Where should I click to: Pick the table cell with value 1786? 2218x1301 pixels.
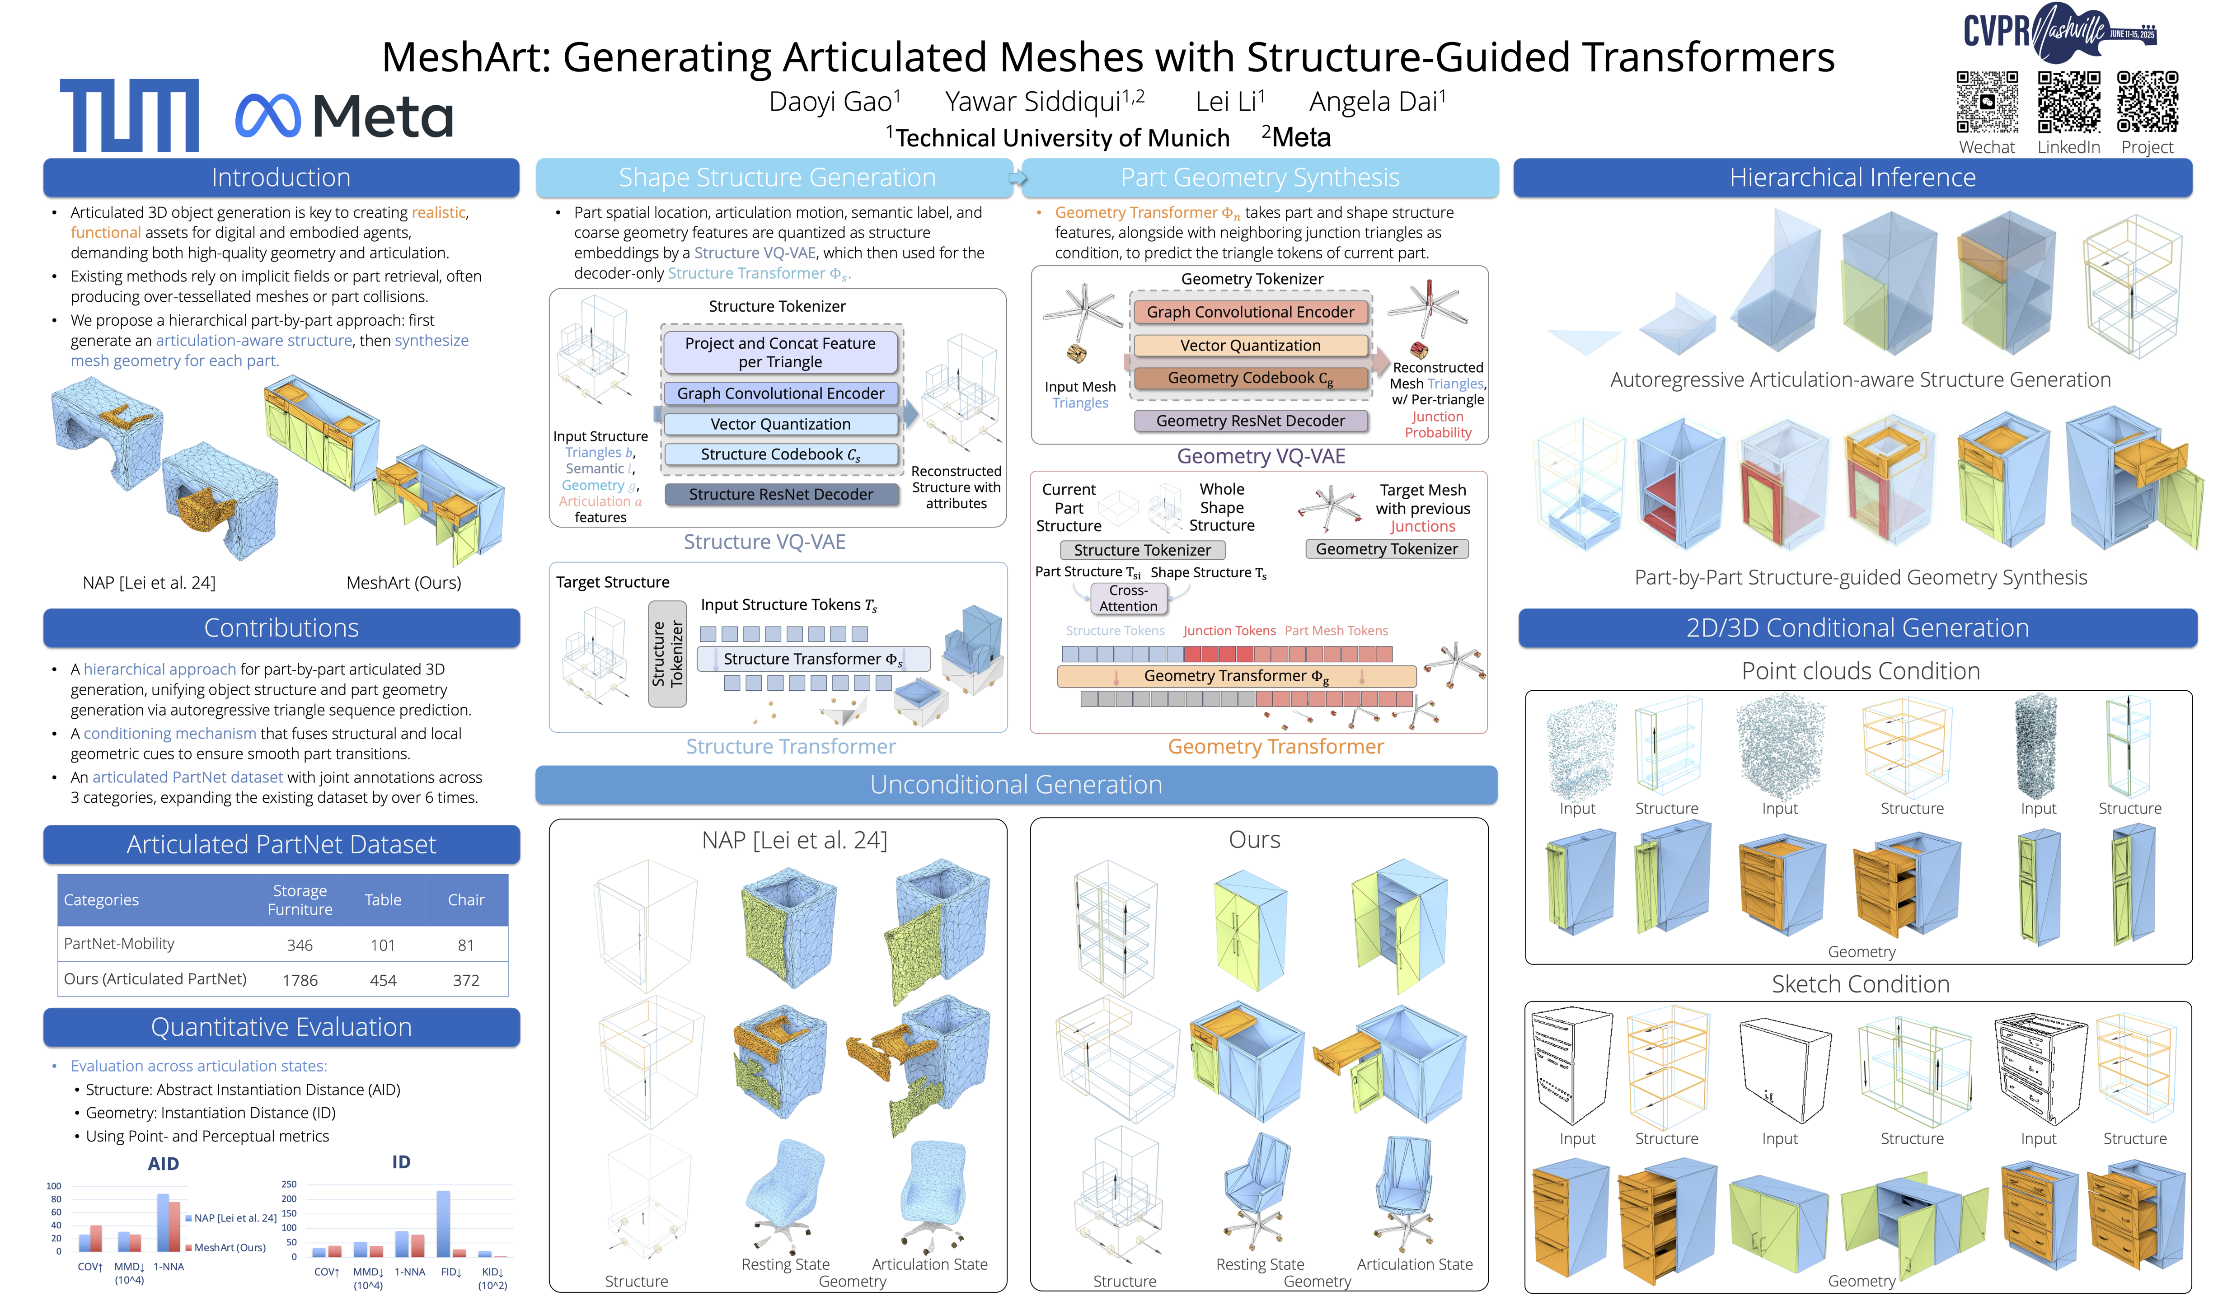coord(299,980)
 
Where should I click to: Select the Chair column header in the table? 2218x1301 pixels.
coord(466,899)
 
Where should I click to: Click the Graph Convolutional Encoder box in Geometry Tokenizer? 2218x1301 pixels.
coord(1250,313)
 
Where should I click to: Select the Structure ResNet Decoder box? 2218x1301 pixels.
coord(781,495)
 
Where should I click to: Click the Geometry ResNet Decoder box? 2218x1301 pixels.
coord(1250,421)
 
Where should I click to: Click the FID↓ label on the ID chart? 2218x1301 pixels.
coord(450,1272)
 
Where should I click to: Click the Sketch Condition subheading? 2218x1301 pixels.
coord(1860,984)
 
